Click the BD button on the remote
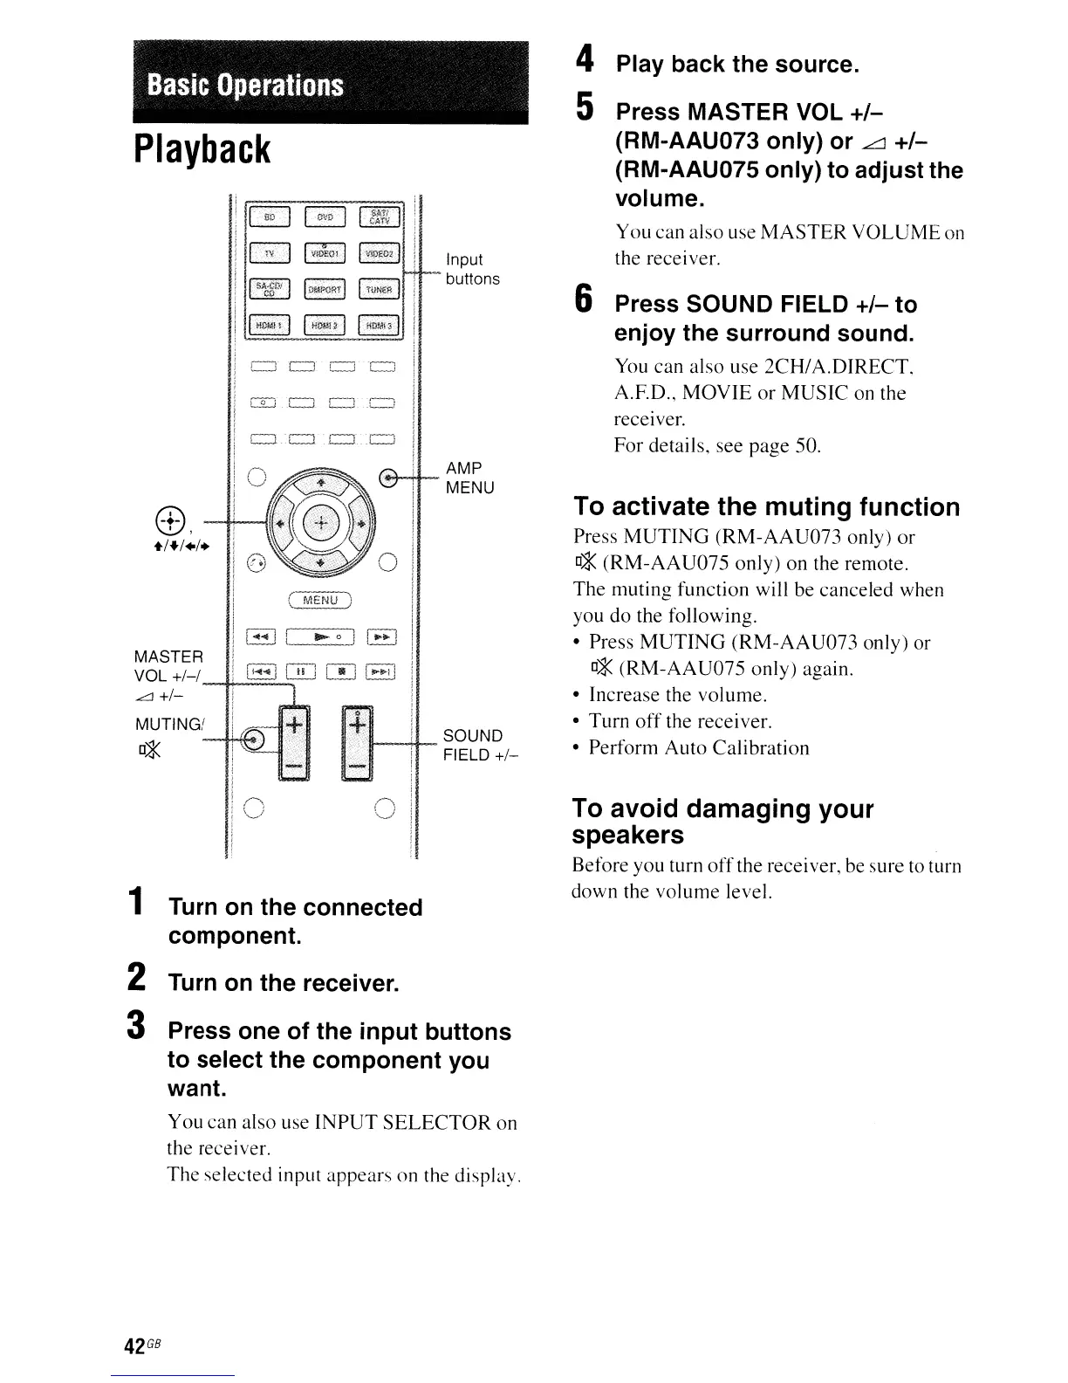click(x=270, y=216)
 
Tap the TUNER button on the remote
click(x=379, y=289)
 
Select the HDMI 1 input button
click(x=270, y=326)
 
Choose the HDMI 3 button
click(x=379, y=326)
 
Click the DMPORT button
click(x=325, y=289)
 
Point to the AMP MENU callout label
click(x=469, y=478)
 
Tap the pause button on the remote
click(x=300, y=671)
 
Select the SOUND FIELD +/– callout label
click(x=481, y=745)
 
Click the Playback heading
click(x=202, y=149)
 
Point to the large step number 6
click(x=585, y=301)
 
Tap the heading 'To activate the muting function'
click(x=766, y=507)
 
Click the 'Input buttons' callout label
click(x=472, y=269)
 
